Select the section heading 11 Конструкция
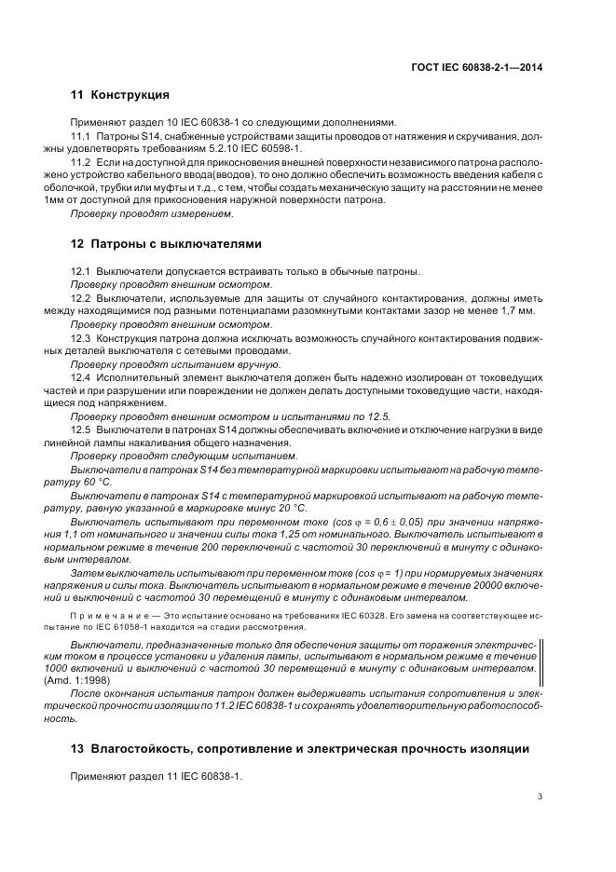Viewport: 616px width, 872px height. pos(120,95)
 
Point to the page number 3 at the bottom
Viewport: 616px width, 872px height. pos(541,796)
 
